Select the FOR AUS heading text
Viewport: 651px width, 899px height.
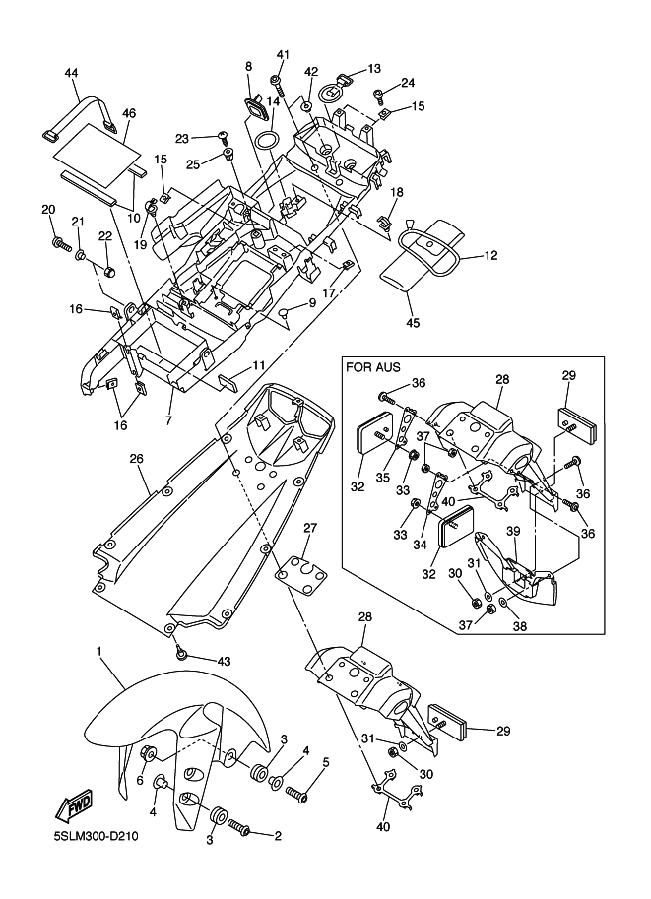371,368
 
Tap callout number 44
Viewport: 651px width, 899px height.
71,73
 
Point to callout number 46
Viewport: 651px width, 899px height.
128,113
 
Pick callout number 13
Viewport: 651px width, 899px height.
374,69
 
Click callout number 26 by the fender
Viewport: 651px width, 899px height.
136,458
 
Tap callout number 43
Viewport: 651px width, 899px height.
224,660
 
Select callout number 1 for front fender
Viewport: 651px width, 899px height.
99,652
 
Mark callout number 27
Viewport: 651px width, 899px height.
309,528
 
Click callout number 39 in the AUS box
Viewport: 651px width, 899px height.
512,530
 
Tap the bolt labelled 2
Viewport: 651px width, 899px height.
240,833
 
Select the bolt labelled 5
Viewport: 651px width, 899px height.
297,790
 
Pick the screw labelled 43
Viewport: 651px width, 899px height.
181,652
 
